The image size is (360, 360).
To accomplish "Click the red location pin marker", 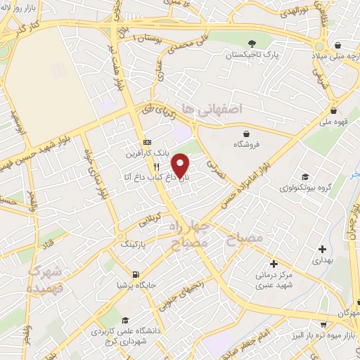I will click(x=181, y=165).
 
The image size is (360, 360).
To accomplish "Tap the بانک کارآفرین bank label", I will click(x=144, y=153).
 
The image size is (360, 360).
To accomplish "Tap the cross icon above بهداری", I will click(x=322, y=248).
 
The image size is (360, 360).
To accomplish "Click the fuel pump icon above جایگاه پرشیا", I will click(x=135, y=274).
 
